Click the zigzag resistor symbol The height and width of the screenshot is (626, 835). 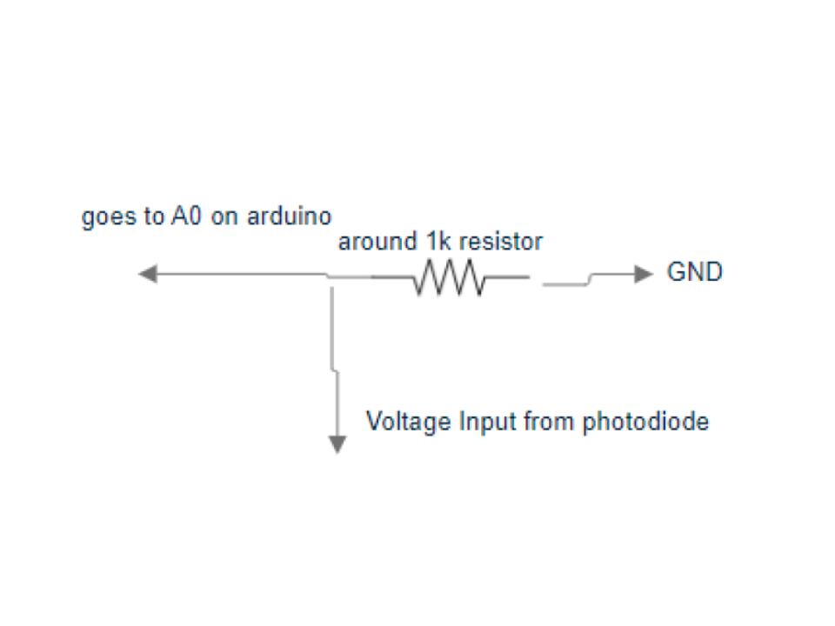(449, 277)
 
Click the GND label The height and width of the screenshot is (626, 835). (695, 272)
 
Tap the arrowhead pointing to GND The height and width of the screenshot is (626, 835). (644, 275)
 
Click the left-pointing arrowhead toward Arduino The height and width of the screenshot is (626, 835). (148, 275)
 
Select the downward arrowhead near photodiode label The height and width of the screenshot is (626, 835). (337, 444)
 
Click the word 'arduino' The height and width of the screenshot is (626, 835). (289, 216)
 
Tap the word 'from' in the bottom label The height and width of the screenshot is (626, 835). (550, 422)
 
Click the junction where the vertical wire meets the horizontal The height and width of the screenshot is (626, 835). (331, 277)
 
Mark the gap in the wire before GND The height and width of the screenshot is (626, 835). (536, 280)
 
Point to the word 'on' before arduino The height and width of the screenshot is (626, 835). (224, 217)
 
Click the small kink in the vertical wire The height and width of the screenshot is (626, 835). (334, 370)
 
